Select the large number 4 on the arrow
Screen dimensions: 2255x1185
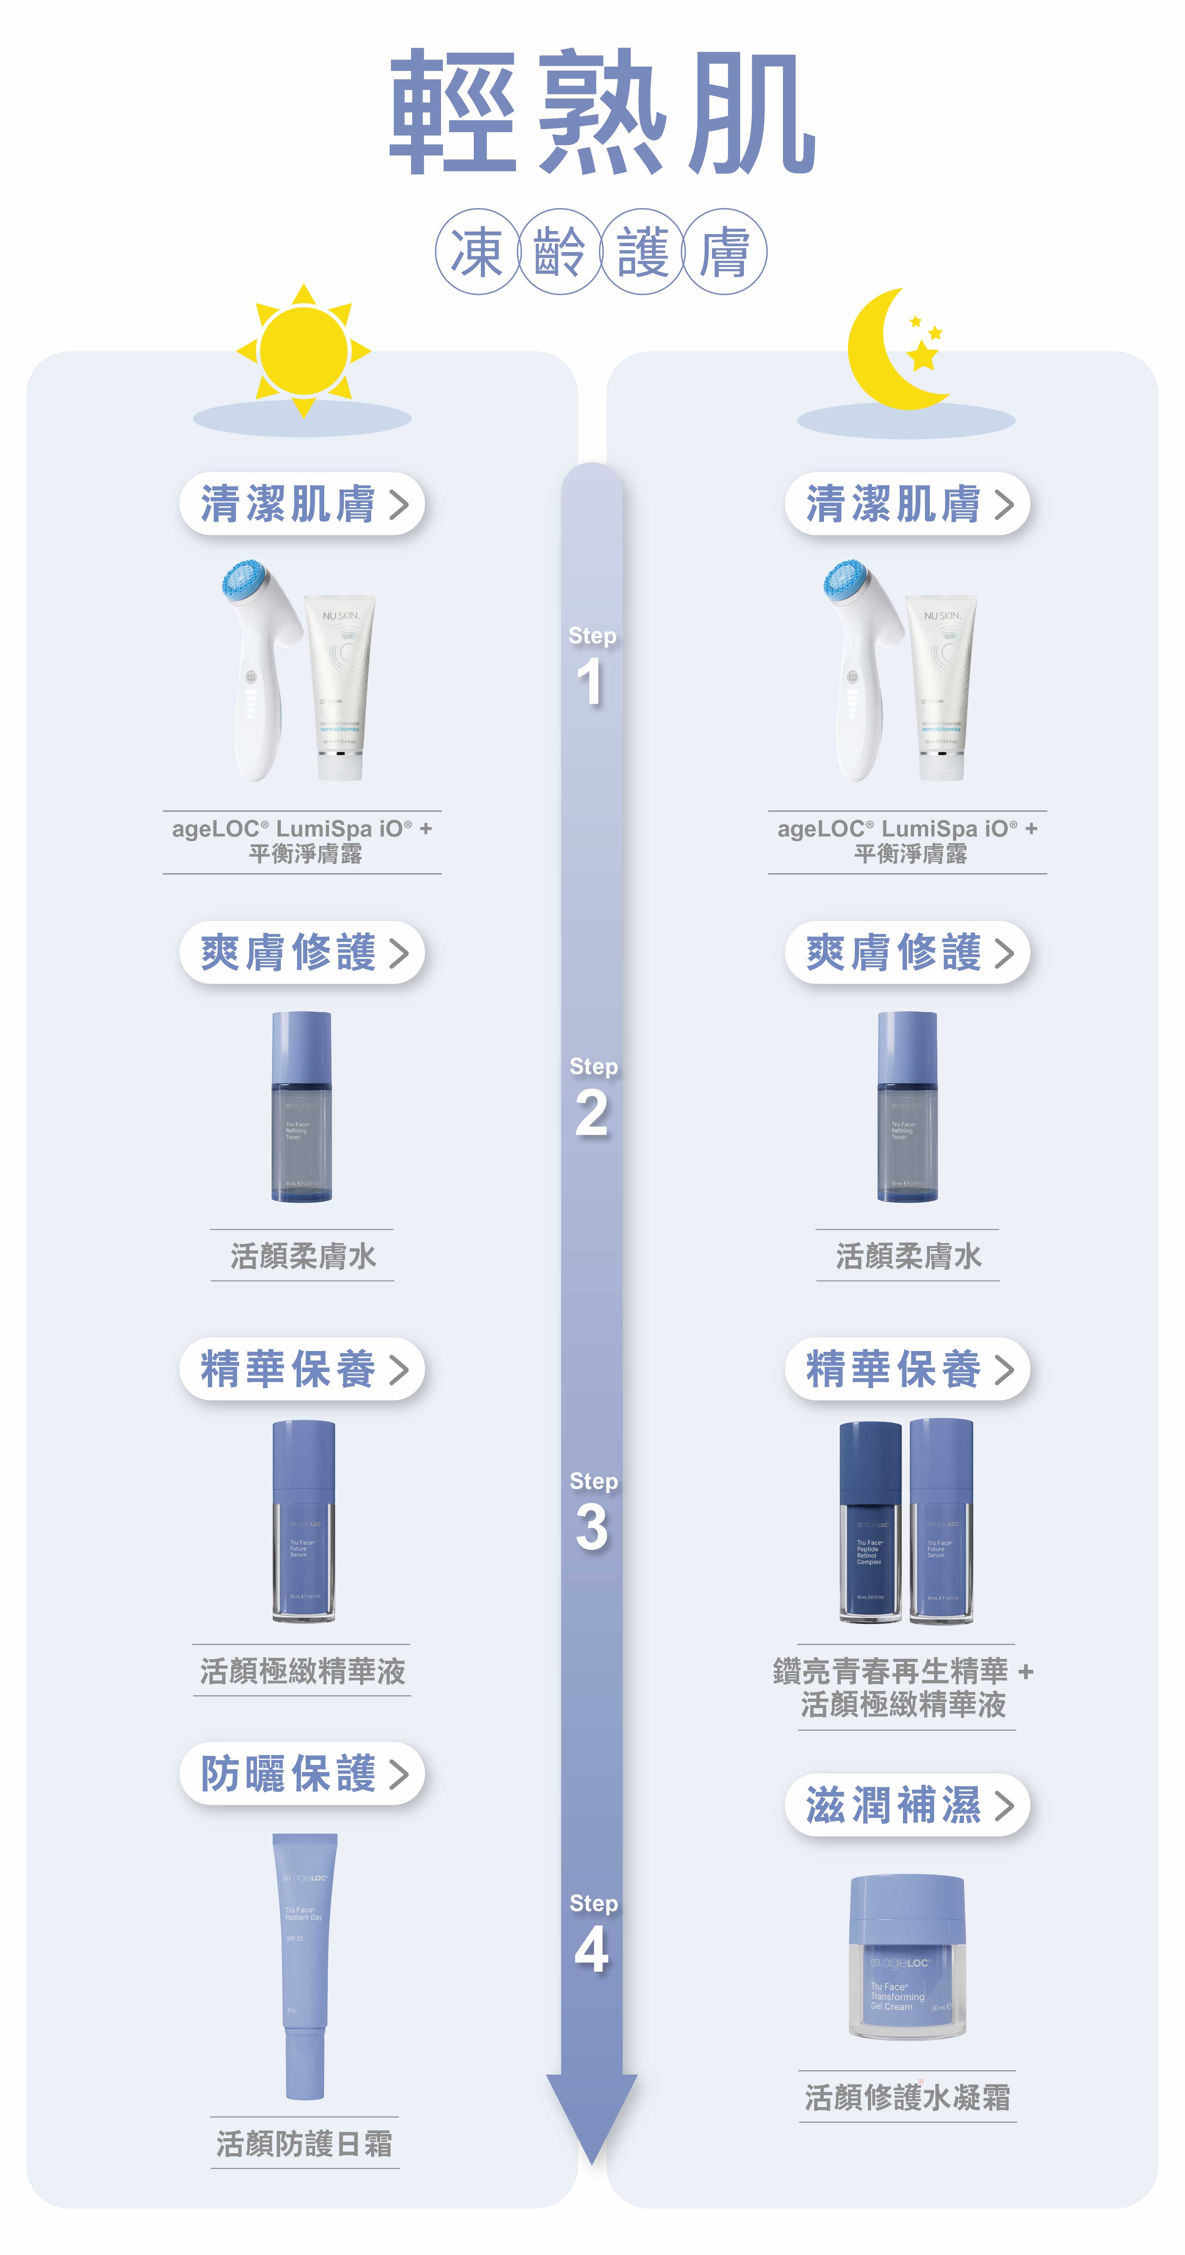592,1950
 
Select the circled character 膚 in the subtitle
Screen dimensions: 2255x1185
725,252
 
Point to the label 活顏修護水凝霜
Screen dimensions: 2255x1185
907,2098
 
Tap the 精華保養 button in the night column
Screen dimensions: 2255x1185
907,1368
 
